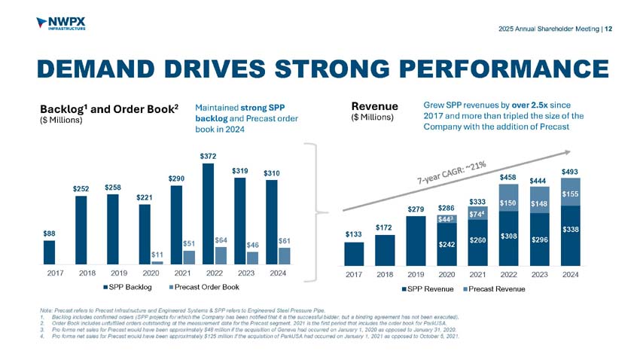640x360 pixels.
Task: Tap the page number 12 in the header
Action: point(608,29)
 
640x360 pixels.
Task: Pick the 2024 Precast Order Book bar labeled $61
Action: point(285,256)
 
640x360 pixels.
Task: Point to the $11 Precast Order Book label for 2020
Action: point(157,254)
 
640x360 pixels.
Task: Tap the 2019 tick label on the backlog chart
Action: point(113,275)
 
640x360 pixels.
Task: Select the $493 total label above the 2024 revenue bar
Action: point(571,172)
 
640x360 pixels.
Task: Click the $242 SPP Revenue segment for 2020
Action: point(447,245)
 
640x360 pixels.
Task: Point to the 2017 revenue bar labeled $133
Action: point(354,254)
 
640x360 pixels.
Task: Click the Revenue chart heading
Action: point(373,108)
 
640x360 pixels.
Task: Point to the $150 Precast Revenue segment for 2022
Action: point(509,203)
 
